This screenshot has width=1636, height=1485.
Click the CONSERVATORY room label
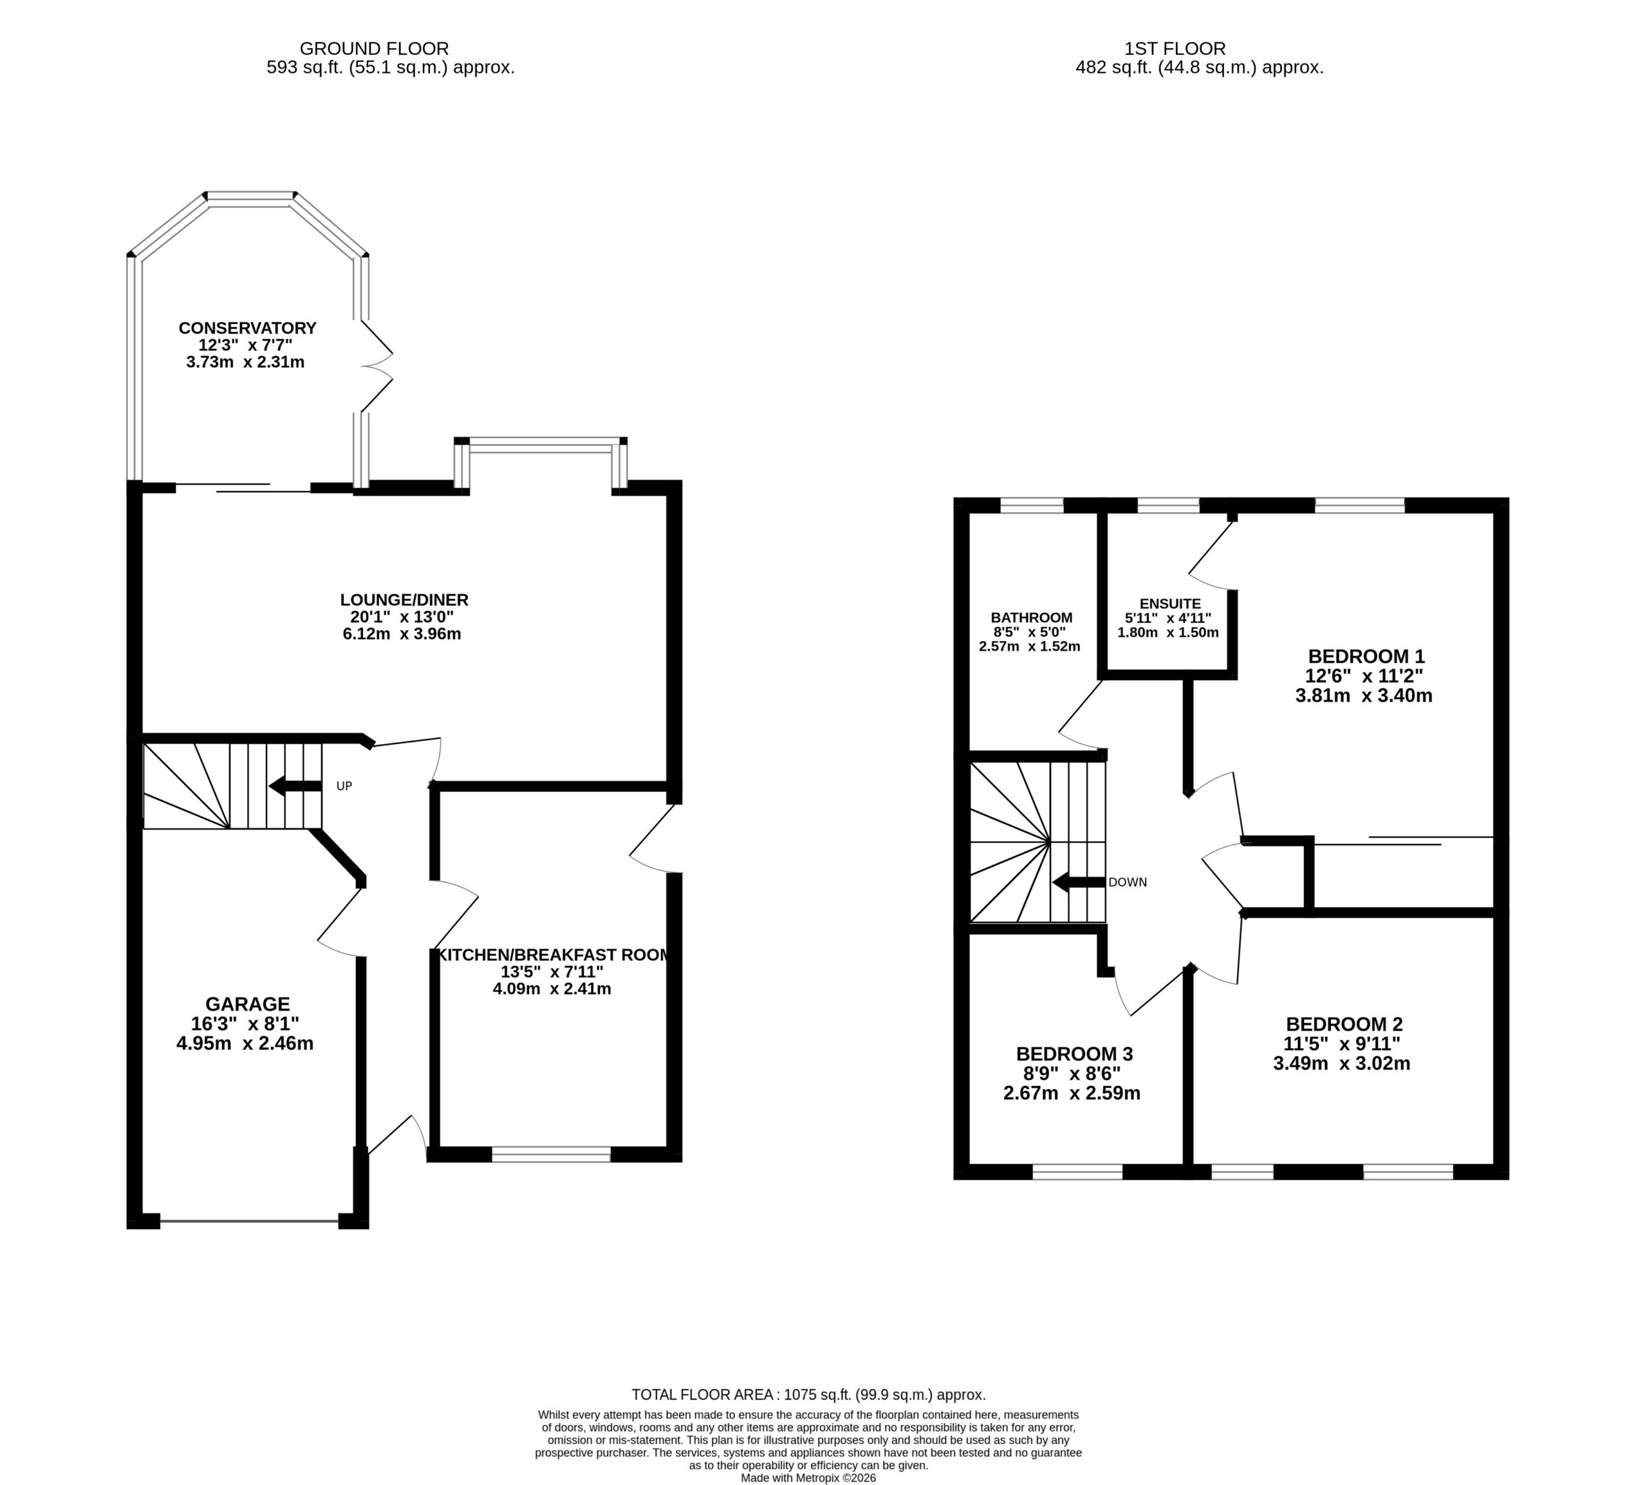tap(247, 328)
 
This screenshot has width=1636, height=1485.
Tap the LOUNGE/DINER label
tap(404, 600)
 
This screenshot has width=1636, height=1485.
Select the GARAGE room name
tap(247, 1004)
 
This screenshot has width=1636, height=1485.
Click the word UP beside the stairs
tap(344, 786)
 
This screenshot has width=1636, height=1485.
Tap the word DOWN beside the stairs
tap(1127, 883)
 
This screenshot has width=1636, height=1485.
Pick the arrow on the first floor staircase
tap(1079, 883)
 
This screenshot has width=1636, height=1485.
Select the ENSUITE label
tap(1170, 604)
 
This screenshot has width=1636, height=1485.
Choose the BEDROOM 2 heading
tap(1344, 1025)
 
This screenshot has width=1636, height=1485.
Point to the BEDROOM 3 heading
tap(1074, 1054)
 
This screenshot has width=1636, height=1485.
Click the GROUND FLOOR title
tap(374, 49)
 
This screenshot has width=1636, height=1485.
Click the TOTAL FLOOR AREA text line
tap(808, 1395)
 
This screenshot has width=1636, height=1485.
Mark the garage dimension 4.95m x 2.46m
tap(245, 1043)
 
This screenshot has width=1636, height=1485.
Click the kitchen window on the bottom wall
tap(551, 1155)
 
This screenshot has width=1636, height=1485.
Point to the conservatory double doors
tap(376, 366)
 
